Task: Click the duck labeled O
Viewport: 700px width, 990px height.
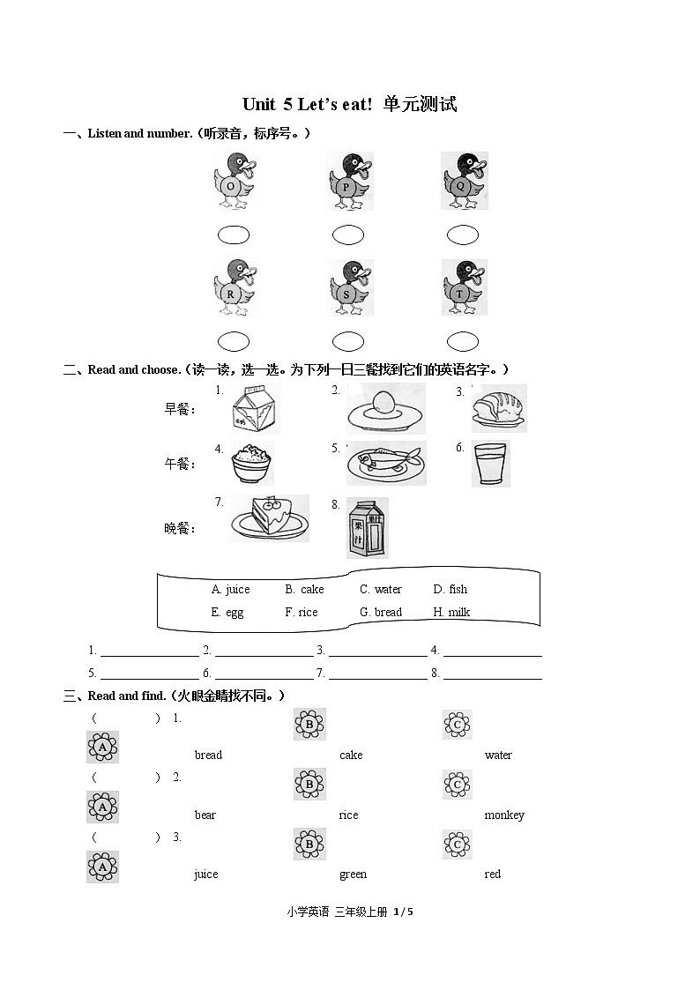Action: pyautogui.click(x=233, y=182)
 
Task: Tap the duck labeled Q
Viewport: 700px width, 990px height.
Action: pyautogui.click(x=464, y=181)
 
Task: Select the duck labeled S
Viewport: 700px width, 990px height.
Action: pyautogui.click(x=349, y=287)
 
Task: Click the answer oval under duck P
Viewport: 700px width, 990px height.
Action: pyautogui.click(x=348, y=234)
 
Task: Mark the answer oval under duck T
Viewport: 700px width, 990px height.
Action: pyautogui.click(x=463, y=341)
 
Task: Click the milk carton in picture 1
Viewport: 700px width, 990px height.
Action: pyautogui.click(x=255, y=410)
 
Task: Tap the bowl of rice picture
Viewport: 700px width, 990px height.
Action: pyautogui.click(x=253, y=464)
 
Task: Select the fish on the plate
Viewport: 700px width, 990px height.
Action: pyautogui.click(x=385, y=462)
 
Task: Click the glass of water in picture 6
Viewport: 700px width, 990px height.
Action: pyautogui.click(x=489, y=464)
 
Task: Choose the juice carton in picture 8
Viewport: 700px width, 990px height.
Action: pyautogui.click(x=366, y=528)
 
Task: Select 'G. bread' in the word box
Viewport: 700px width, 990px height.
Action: pyautogui.click(x=380, y=613)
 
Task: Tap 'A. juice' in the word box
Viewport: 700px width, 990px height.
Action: pyautogui.click(x=230, y=590)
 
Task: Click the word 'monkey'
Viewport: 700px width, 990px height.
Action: pyautogui.click(x=503, y=815)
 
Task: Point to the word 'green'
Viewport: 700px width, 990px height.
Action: pyautogui.click(x=353, y=875)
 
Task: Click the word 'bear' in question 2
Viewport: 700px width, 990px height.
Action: pyautogui.click(x=205, y=815)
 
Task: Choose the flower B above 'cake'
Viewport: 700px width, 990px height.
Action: pyautogui.click(x=309, y=724)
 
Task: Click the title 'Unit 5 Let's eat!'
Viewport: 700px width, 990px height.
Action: pyautogui.click(x=350, y=104)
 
